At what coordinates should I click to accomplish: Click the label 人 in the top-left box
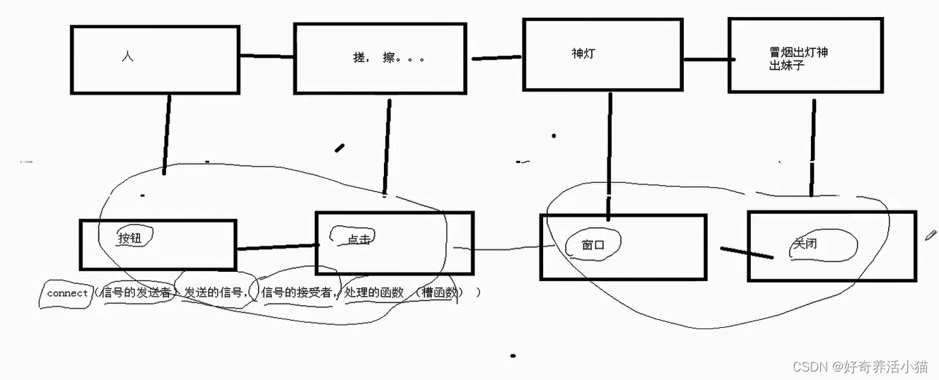click(127, 57)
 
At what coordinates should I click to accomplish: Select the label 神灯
click(583, 53)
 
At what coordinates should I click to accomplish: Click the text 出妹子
click(787, 66)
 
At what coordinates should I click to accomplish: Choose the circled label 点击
click(358, 239)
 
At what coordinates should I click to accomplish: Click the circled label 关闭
click(805, 244)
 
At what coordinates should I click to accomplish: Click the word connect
click(67, 293)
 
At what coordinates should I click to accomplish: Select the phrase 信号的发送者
click(136, 292)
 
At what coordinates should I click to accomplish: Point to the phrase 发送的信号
click(215, 292)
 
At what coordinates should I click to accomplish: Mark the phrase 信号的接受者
click(296, 292)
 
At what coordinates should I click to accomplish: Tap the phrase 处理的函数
click(374, 292)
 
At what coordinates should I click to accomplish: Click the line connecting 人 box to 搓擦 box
click(266, 57)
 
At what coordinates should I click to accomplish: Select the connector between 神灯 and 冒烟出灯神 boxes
click(705, 59)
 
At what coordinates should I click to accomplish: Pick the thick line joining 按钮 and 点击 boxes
click(276, 247)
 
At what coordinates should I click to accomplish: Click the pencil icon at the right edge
click(931, 236)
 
